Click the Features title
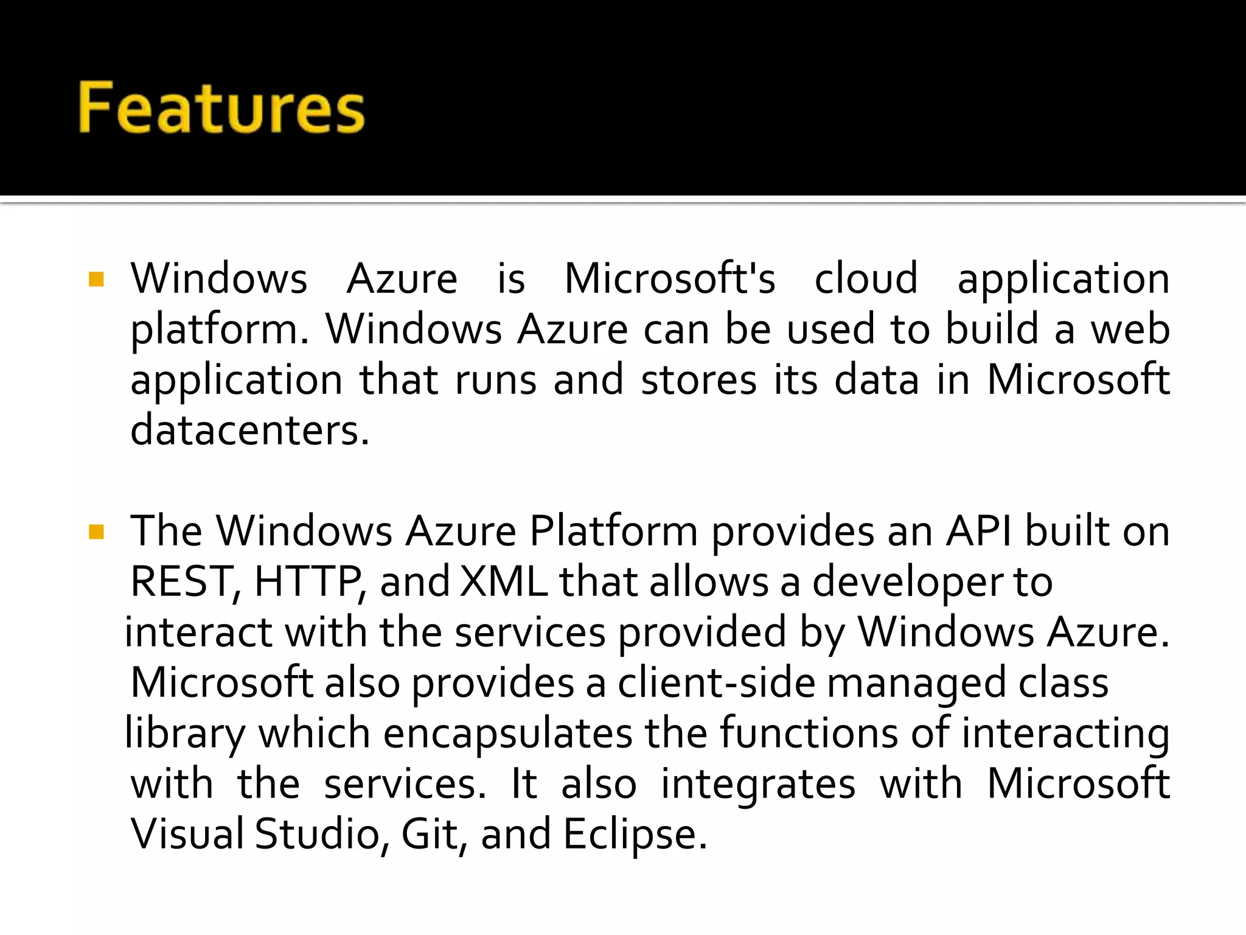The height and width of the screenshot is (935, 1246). [221, 108]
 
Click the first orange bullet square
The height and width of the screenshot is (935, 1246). [97, 279]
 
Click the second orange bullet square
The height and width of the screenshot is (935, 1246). [97, 533]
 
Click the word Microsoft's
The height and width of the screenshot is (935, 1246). [670, 279]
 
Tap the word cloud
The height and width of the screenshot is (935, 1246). [866, 279]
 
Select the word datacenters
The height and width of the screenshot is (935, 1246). [249, 430]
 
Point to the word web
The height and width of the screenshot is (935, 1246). [1130, 329]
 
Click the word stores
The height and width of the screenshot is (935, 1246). [699, 380]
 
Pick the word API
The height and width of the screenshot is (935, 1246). [979, 531]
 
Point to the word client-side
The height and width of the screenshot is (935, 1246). [716, 683]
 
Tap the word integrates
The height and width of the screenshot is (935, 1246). [758, 784]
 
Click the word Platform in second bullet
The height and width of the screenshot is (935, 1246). [613, 531]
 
